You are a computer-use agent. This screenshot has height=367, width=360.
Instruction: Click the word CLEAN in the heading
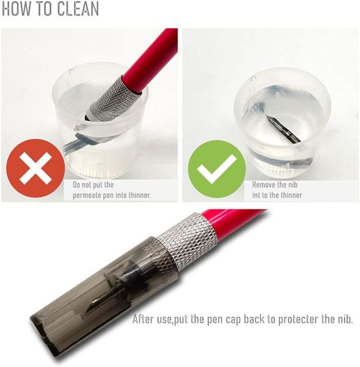click(x=78, y=9)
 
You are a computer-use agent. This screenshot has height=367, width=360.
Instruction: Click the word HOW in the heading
click(x=17, y=9)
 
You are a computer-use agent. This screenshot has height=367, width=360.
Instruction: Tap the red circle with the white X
click(x=35, y=168)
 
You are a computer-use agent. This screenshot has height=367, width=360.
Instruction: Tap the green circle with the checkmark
click(x=217, y=169)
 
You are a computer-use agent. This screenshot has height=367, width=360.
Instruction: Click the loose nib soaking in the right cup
click(x=283, y=129)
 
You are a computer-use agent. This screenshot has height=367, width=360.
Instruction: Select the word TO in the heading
click(x=44, y=9)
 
